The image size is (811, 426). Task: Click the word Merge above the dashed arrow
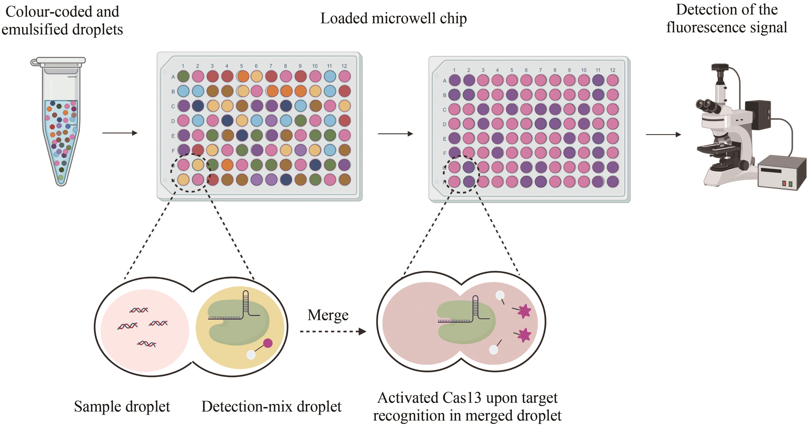pos(328,315)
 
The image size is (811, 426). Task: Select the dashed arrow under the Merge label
pos(332,331)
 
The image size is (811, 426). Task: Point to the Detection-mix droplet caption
pos(271,407)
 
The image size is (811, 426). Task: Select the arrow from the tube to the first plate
pos(120,133)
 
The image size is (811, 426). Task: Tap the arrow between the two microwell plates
pos(395,134)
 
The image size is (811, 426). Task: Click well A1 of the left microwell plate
pos(183,76)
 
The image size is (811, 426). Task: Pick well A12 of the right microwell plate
pos(612,80)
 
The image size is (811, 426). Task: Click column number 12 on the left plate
pos(344,66)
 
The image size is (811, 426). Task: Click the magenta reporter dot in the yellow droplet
pos(268,343)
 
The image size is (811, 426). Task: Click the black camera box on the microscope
pos(757,115)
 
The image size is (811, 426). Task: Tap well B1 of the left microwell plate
pos(183,91)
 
